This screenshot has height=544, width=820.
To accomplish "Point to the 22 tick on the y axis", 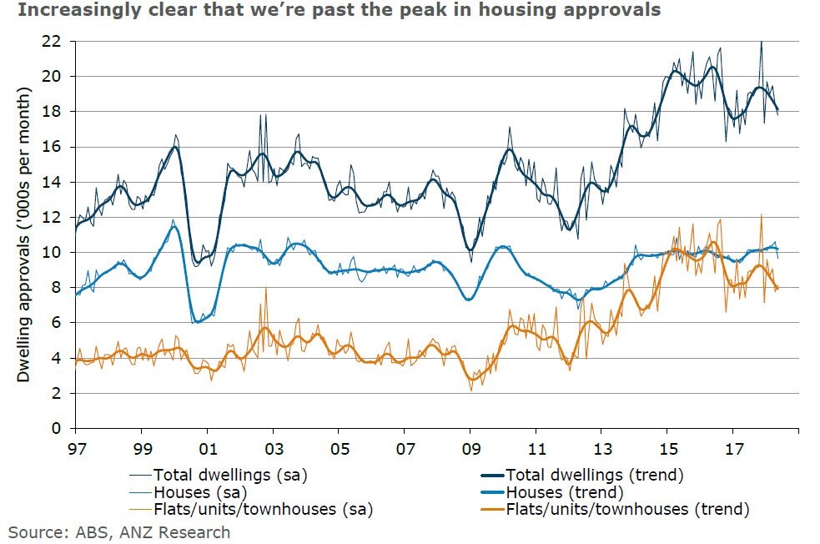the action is tap(51, 42).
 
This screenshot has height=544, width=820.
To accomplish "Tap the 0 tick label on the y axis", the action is tap(57, 428).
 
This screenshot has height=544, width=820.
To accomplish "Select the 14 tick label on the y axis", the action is tap(51, 182).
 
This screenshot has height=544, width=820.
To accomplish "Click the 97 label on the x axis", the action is tap(77, 449).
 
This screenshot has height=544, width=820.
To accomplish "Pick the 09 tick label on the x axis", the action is tap(470, 449).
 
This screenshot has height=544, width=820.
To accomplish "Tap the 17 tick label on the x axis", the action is tap(734, 449).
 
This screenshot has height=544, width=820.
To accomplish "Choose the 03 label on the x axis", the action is tap(274, 449).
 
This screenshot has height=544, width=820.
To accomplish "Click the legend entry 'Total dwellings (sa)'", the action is tap(219, 475).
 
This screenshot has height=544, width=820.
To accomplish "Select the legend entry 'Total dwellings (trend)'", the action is tap(582, 475).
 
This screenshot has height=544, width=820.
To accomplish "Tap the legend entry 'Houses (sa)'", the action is tap(189, 492).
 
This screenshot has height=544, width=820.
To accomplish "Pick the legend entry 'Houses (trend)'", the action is tap(552, 492).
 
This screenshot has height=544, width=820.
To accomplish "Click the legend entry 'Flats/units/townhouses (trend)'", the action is tap(615, 509).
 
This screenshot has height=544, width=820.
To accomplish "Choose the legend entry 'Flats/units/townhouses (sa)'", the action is tap(251, 509).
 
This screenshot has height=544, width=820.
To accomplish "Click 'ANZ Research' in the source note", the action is tap(174, 532).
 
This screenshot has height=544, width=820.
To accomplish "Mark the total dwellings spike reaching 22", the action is tap(761, 43).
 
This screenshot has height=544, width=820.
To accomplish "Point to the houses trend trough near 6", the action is tap(197, 321).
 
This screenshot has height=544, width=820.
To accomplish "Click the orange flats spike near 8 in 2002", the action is tap(266, 290).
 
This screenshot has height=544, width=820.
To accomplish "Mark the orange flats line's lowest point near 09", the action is tap(471, 390).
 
